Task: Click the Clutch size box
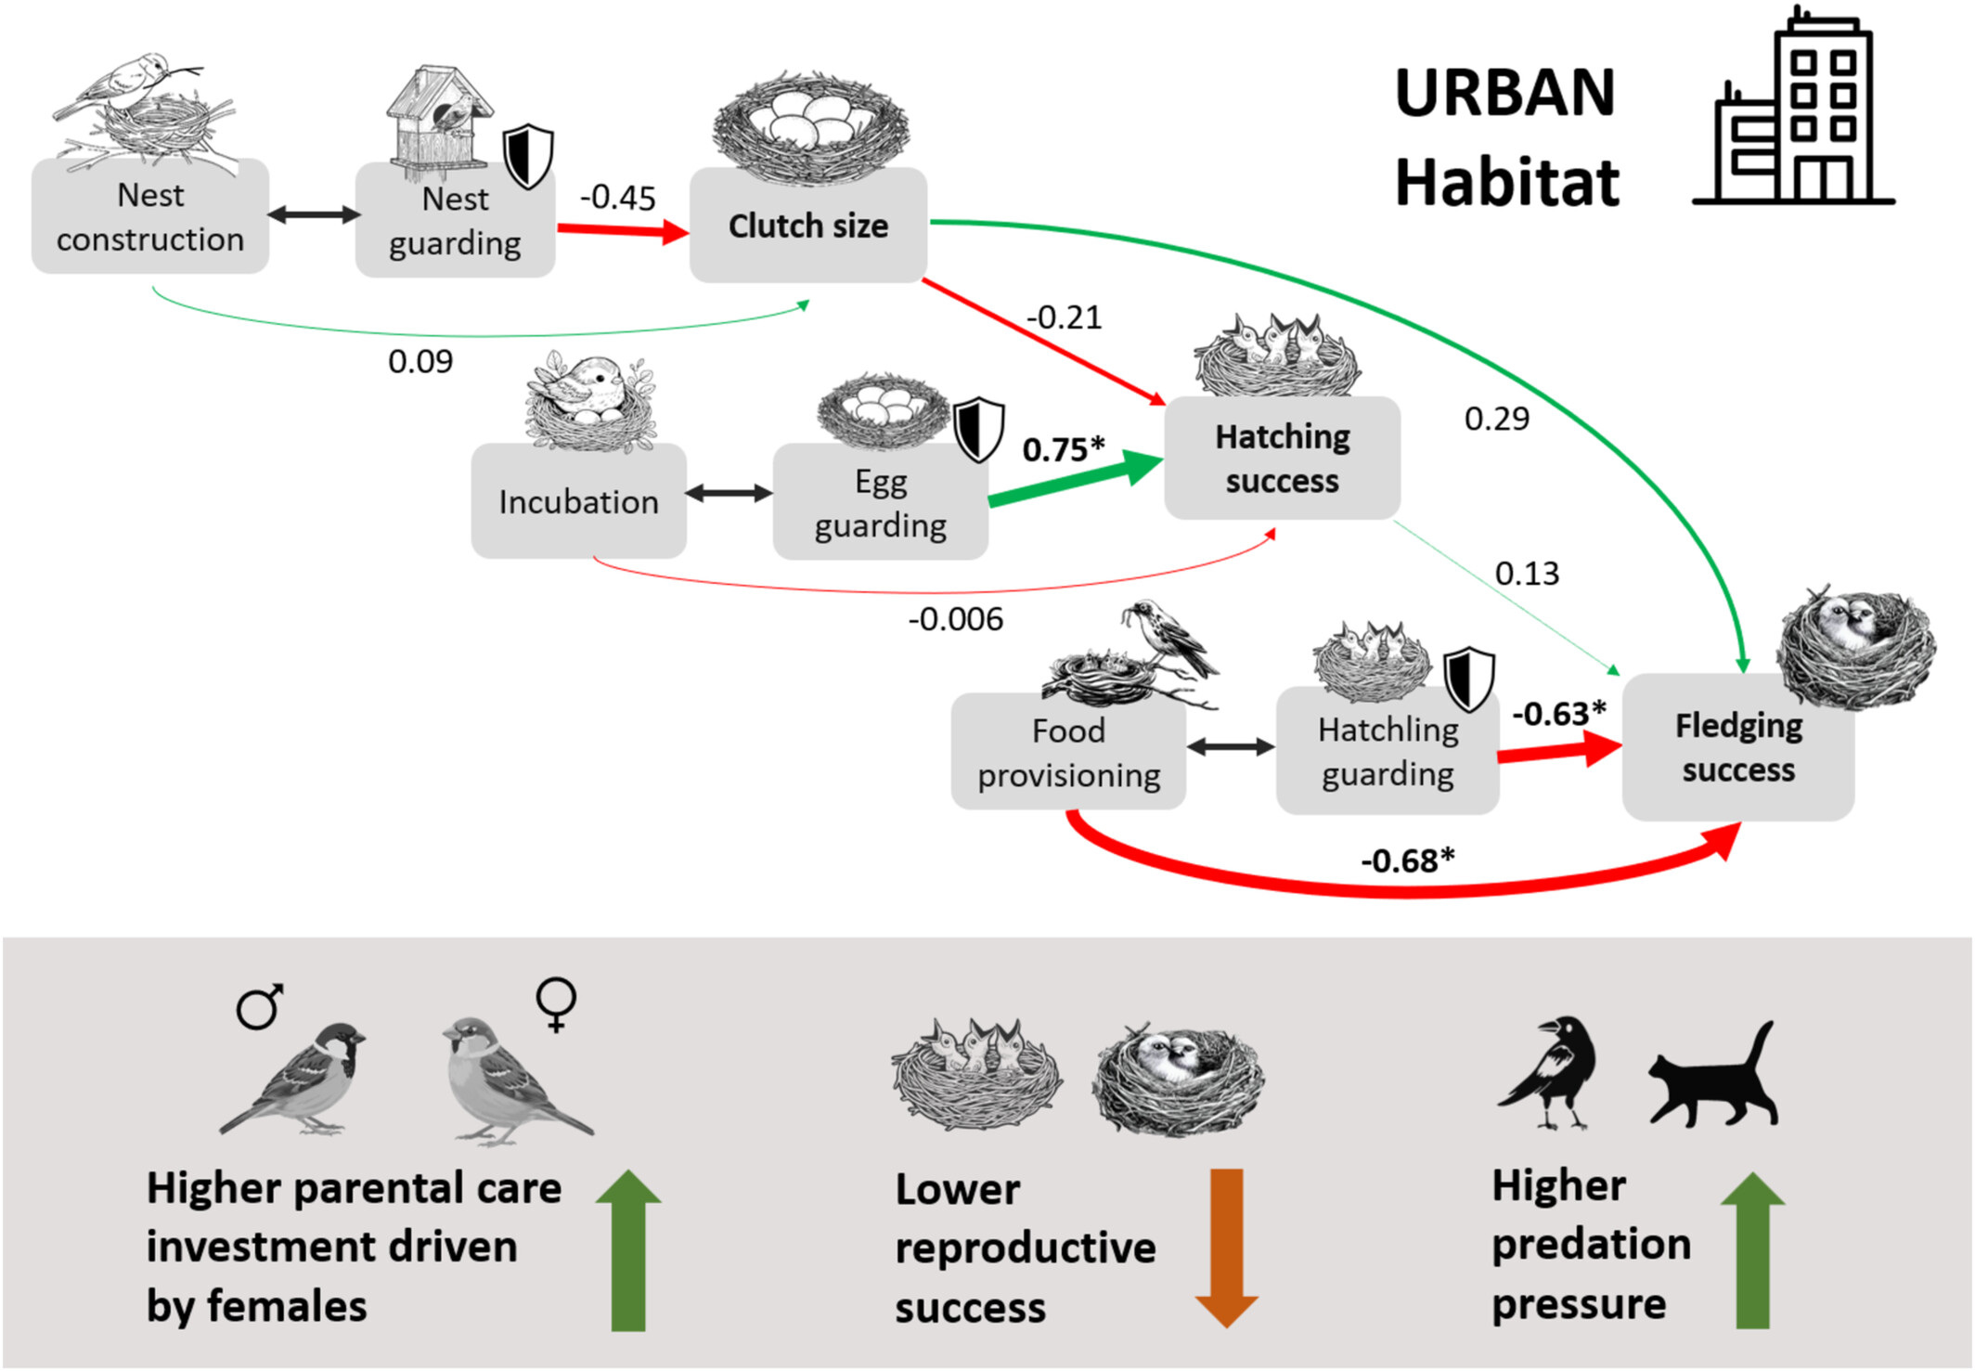coord(807,226)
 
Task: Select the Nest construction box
coord(150,217)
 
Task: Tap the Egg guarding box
coord(880,502)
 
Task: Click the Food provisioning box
coord(1067,752)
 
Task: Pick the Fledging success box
coord(1737,747)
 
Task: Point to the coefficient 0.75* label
coord(1063,449)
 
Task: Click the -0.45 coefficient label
coord(617,198)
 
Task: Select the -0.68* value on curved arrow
coord(1407,860)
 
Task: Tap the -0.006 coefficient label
coord(955,619)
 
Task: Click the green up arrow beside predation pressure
coord(1752,1248)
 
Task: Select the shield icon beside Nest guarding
coord(528,156)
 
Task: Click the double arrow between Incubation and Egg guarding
coord(729,493)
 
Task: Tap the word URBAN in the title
coord(1504,93)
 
